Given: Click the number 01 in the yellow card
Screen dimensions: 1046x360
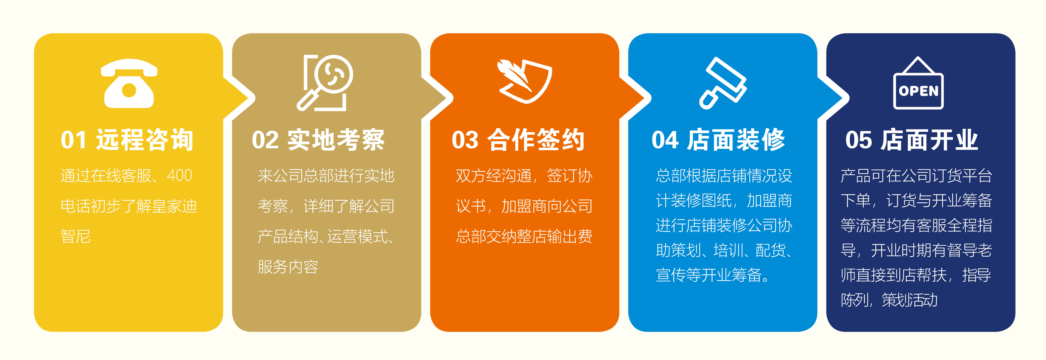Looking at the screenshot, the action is click(74, 140).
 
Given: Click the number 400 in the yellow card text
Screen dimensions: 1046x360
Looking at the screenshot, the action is click(179, 175).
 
